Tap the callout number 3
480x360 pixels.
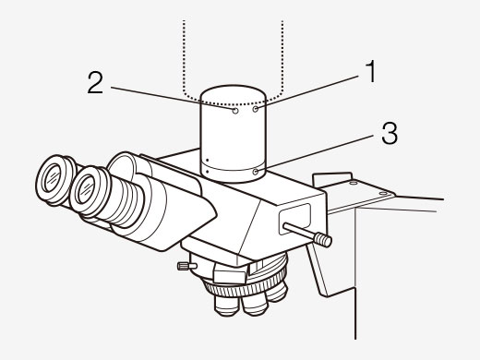pos(390,135)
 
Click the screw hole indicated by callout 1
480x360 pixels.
pos(255,109)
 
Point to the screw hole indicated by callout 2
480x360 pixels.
pos(237,110)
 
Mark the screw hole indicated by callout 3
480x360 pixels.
pos(256,170)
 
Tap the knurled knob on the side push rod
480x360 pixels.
pos(324,240)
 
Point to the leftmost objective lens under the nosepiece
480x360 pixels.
pos(221,300)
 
